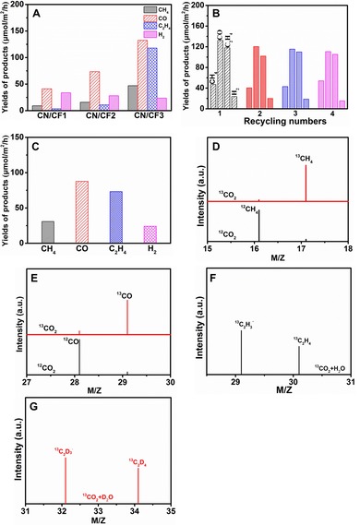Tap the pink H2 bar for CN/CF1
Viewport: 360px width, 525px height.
point(66,101)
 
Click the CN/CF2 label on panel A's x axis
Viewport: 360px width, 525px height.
point(100,118)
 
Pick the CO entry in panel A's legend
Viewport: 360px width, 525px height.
point(149,17)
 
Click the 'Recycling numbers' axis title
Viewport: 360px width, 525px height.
point(282,121)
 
